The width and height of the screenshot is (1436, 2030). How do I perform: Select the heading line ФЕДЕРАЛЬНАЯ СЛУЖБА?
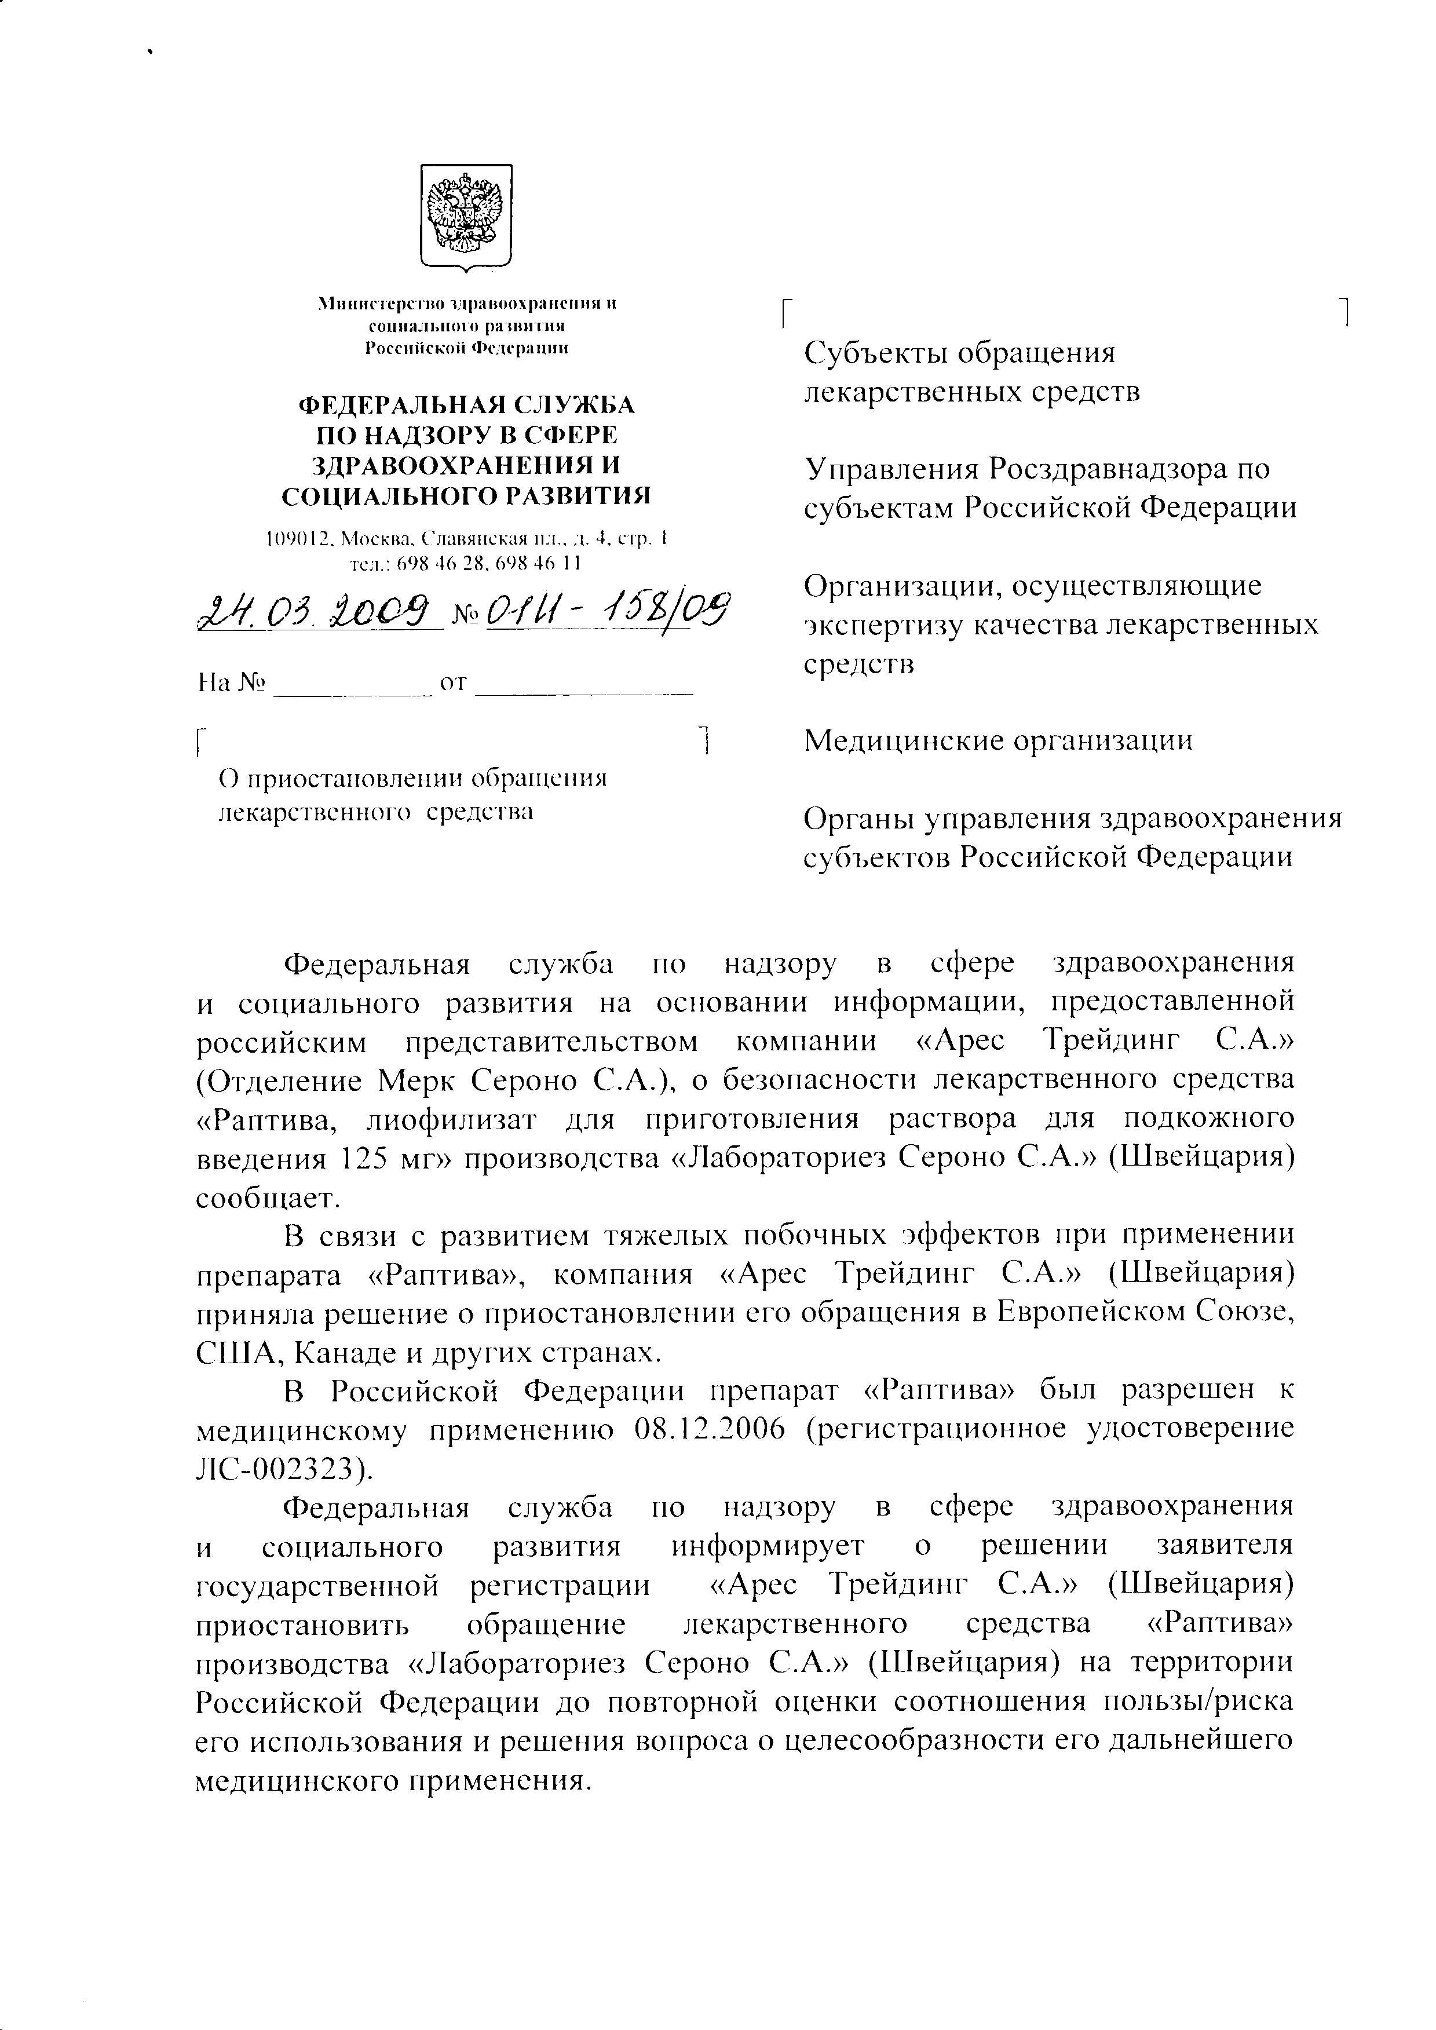[466, 405]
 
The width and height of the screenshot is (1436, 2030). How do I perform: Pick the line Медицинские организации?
[997, 740]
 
